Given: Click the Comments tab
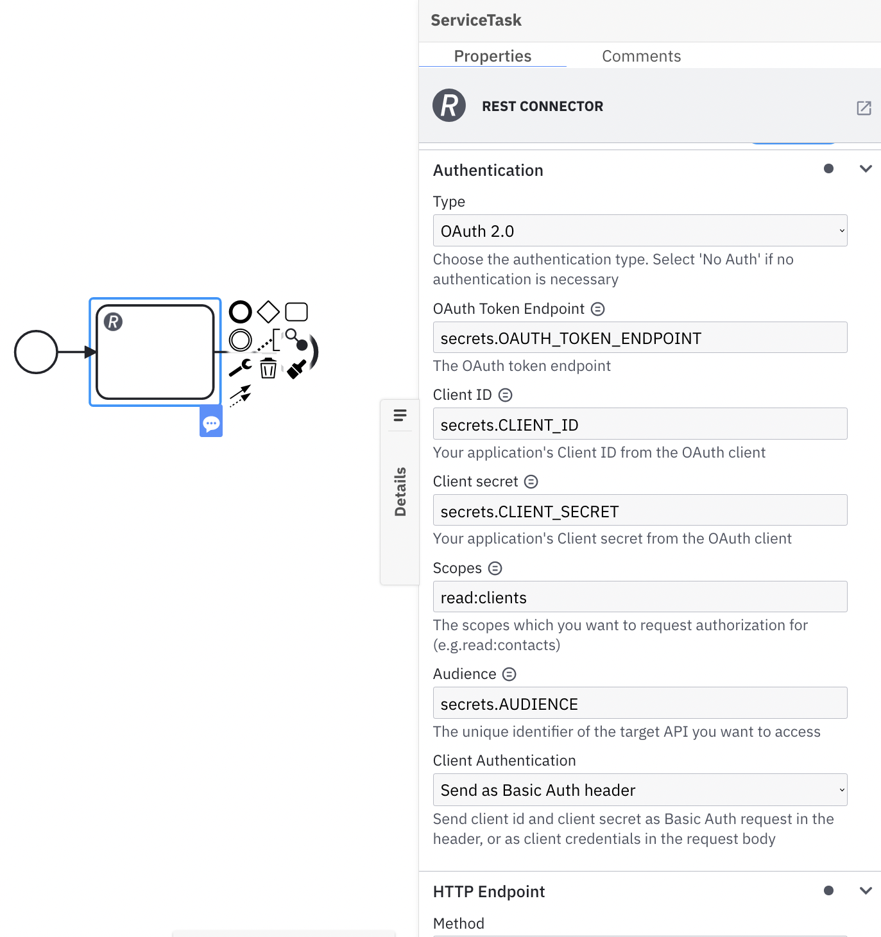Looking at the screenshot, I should pyautogui.click(x=641, y=56).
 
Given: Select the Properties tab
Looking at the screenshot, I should pyautogui.click(x=492, y=56).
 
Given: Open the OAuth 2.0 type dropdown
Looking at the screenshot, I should pyautogui.click(x=640, y=231).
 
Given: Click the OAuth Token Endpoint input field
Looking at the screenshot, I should pyautogui.click(x=640, y=338).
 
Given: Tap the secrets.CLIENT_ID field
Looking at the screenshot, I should pyautogui.click(x=640, y=425).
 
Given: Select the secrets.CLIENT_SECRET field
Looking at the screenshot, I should pyautogui.click(x=640, y=511).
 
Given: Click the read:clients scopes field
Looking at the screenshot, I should pyautogui.click(x=640, y=597).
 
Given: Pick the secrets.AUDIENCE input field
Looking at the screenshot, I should pyautogui.click(x=640, y=704).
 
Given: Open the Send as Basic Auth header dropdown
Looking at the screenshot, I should pyautogui.click(x=640, y=790).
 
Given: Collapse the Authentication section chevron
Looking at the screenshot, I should pyautogui.click(x=866, y=169).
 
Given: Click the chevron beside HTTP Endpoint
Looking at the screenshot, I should pyautogui.click(x=866, y=891).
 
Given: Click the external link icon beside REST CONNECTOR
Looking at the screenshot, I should pyautogui.click(x=864, y=108).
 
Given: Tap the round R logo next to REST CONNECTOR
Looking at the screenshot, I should pyautogui.click(x=449, y=106).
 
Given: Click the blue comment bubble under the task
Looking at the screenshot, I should pyautogui.click(x=211, y=424).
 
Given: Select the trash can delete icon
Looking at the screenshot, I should pyautogui.click(x=268, y=368).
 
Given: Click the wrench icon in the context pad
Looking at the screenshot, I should pyautogui.click(x=240, y=368).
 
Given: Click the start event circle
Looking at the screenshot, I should pyautogui.click(x=36, y=352).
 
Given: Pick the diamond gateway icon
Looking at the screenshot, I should pyautogui.click(x=268, y=312).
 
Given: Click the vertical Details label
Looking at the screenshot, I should pyautogui.click(x=400, y=492).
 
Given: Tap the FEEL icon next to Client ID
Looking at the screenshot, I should pyautogui.click(x=506, y=395).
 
